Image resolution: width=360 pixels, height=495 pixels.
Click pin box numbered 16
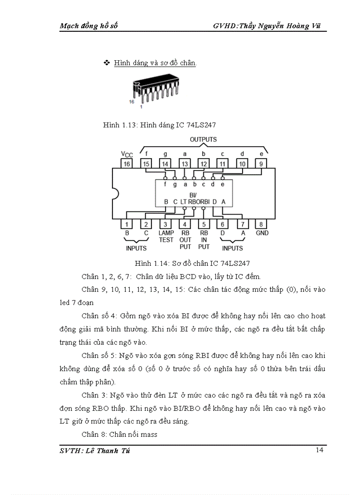127,164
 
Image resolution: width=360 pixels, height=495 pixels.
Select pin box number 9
261,164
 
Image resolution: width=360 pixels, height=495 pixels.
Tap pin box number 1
127,224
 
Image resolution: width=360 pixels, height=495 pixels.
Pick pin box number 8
261,224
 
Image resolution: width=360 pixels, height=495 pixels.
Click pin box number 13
185,164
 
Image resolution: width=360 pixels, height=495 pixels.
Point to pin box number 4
185,224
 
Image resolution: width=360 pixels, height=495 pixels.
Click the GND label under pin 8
262,233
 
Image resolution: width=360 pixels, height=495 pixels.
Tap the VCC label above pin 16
127,154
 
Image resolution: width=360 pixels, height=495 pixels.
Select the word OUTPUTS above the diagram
203,139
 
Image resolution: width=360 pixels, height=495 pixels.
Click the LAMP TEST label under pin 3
166,236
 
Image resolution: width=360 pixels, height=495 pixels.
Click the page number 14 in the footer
320,450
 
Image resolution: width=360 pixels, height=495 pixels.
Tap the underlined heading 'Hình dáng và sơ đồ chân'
155,63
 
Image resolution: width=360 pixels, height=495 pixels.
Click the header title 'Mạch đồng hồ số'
89,26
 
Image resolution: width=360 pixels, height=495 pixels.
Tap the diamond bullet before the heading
106,63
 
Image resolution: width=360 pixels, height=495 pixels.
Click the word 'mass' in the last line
149,434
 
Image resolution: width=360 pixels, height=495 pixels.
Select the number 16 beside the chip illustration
131,101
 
